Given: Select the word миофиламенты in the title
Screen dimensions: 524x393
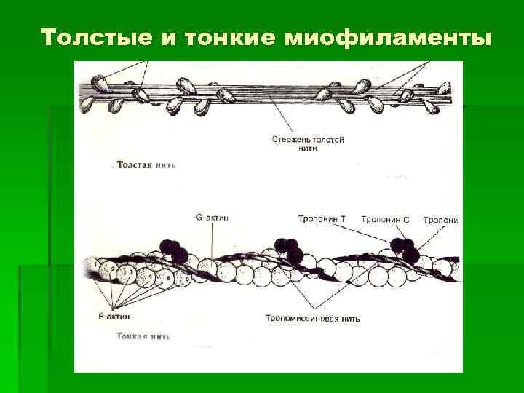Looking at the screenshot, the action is tap(385, 38).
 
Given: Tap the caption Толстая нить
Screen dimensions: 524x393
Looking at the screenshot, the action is tap(145, 164).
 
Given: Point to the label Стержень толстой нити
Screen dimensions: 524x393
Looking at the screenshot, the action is tap(308, 143).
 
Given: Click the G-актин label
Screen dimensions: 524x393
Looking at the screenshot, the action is tap(213, 217).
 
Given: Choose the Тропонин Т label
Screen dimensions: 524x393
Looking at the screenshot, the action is tap(322, 218).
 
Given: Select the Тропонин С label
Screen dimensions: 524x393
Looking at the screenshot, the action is tap(385, 218).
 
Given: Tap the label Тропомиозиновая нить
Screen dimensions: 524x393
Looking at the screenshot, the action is tap(312, 318).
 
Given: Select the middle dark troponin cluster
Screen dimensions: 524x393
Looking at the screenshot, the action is tap(288, 250).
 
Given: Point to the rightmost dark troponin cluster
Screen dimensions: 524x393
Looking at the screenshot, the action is tap(405, 250).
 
